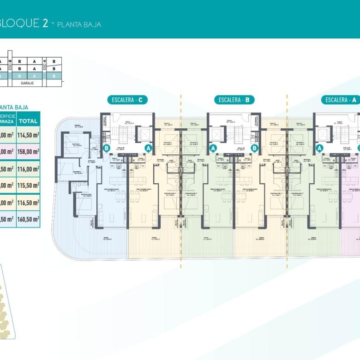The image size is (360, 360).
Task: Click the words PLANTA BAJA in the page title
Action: (79, 24)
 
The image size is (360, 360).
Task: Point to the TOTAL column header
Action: (29, 121)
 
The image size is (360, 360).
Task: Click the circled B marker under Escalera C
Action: (106, 149)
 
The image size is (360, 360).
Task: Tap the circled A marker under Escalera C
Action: (149, 148)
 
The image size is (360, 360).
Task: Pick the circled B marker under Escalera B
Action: (255, 148)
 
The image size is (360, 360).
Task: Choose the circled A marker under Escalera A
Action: (319, 148)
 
